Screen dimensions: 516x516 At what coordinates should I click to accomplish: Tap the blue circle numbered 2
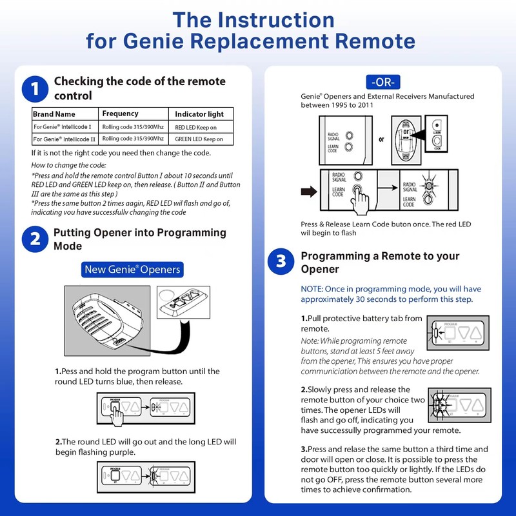34,239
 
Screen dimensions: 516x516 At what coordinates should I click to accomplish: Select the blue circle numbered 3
281,261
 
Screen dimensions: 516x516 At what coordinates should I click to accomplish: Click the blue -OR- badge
384,82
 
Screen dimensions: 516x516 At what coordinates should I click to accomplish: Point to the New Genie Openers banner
132,269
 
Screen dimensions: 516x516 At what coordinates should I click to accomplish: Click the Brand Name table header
55,114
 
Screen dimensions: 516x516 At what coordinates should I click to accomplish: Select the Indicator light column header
199,114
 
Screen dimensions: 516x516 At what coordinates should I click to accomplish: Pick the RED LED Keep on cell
199,126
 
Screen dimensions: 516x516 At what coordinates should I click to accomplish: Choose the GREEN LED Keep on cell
199,139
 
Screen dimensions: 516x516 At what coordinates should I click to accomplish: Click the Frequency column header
121,114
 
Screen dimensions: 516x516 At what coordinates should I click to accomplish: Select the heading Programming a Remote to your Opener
380,262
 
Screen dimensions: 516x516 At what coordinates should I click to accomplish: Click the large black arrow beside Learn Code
308,190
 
